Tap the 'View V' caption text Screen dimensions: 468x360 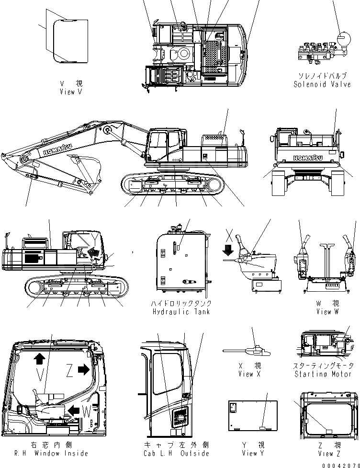(71, 91)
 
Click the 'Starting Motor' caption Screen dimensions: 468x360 (323, 374)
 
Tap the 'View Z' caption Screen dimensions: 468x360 (326, 453)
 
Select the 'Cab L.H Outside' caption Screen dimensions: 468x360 (176, 453)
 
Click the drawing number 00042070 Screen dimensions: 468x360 (341, 465)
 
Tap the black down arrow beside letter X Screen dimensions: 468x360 (228, 250)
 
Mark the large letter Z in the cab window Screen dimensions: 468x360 (69, 370)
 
